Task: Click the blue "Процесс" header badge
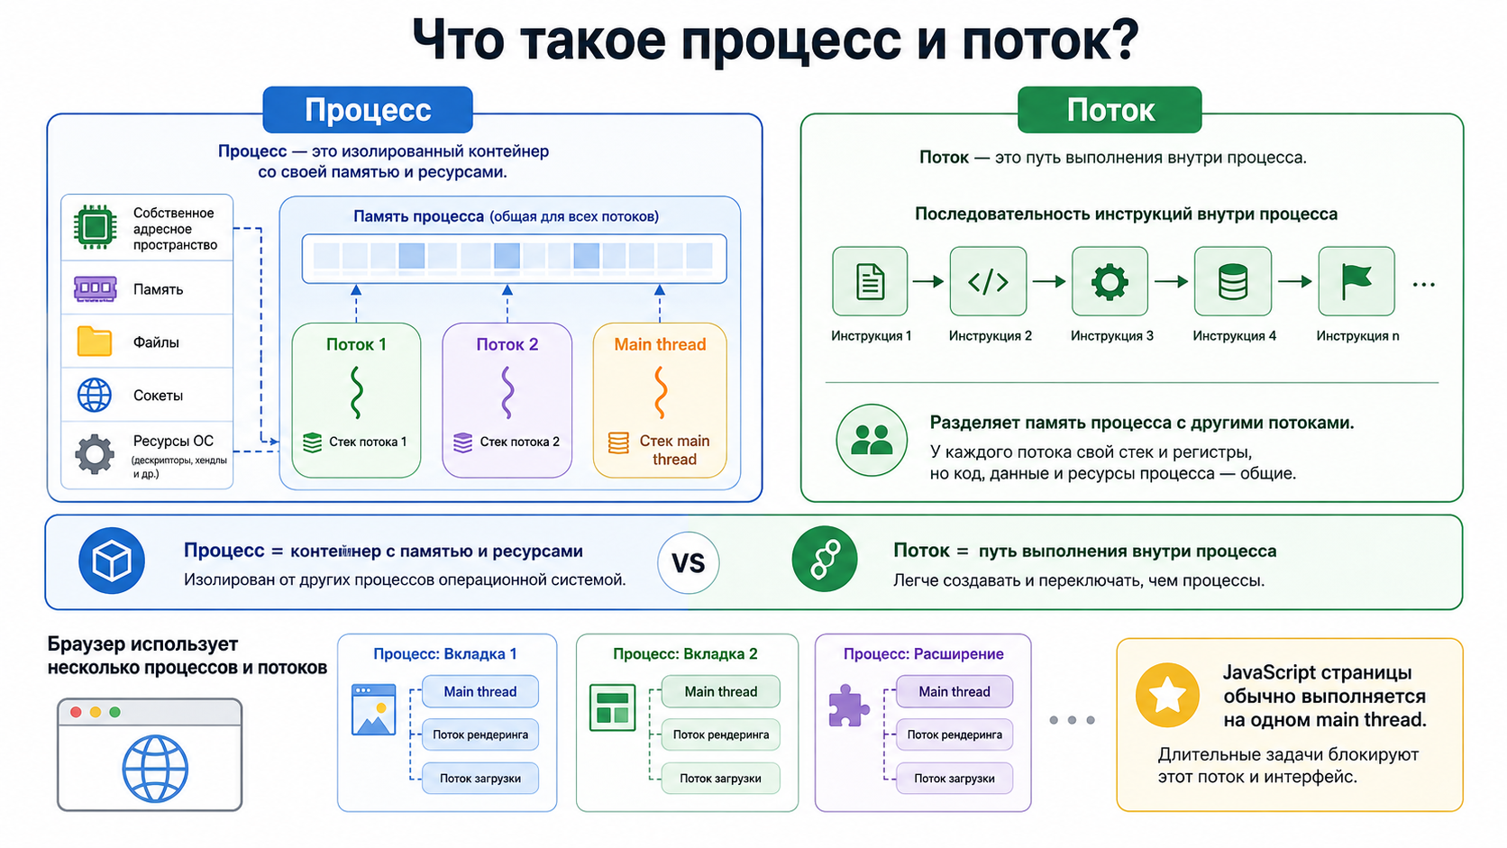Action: tap(368, 110)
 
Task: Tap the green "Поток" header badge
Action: tap(1110, 110)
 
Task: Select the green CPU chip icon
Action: tap(95, 227)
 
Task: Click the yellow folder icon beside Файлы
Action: tap(94, 341)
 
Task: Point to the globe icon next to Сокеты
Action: tap(94, 395)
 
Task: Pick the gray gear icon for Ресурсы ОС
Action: tap(94, 454)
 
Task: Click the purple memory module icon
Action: tap(95, 288)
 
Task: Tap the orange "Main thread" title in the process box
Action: tap(660, 344)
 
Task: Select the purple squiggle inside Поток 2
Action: tap(507, 392)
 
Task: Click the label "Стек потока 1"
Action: tap(368, 442)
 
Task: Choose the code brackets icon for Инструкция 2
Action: tap(988, 281)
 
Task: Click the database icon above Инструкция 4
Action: tap(1232, 281)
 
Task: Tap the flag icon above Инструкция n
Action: tap(1356, 281)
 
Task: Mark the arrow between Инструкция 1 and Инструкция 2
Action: tap(928, 281)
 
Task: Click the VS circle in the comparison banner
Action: tap(689, 563)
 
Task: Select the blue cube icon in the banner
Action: tap(112, 561)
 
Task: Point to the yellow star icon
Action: tap(1167, 696)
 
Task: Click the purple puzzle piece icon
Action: tap(848, 706)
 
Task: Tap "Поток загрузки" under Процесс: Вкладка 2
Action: tap(720, 778)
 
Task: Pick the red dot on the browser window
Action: tap(76, 712)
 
